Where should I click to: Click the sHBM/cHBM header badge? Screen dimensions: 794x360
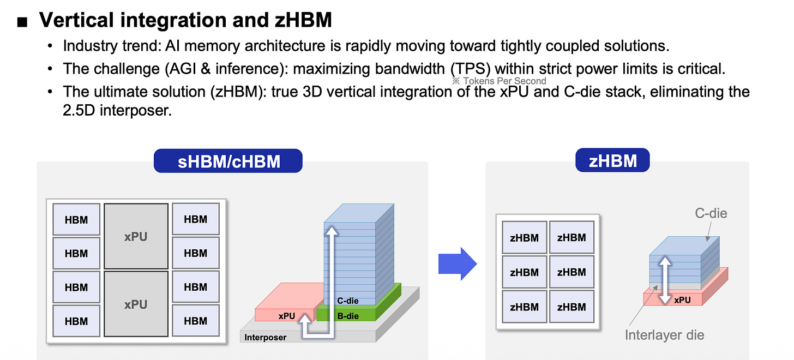click(x=228, y=161)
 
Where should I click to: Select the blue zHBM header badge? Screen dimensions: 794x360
click(x=612, y=160)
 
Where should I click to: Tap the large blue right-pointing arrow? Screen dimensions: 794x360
click(x=458, y=264)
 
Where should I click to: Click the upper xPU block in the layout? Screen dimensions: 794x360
click(x=136, y=236)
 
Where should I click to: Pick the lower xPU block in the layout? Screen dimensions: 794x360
click(x=136, y=304)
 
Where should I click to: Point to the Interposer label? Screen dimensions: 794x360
click(x=265, y=337)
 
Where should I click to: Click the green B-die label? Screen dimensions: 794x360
click(x=348, y=316)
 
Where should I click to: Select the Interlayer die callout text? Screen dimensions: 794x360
click(x=664, y=335)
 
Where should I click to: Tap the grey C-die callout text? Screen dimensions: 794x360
click(x=711, y=213)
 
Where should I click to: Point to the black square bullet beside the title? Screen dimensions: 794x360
click(x=22, y=22)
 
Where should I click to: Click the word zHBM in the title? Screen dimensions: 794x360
click(x=303, y=20)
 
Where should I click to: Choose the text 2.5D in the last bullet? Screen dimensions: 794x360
click(x=79, y=110)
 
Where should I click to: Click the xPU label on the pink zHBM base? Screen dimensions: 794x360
click(x=682, y=300)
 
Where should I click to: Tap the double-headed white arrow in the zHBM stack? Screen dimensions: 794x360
click(x=665, y=280)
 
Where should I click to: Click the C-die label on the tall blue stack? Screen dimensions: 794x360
click(x=348, y=301)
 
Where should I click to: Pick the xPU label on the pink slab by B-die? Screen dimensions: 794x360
click(x=286, y=316)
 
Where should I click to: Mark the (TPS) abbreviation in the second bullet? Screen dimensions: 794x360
click(x=471, y=69)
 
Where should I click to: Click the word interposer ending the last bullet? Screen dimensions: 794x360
click(x=136, y=111)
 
